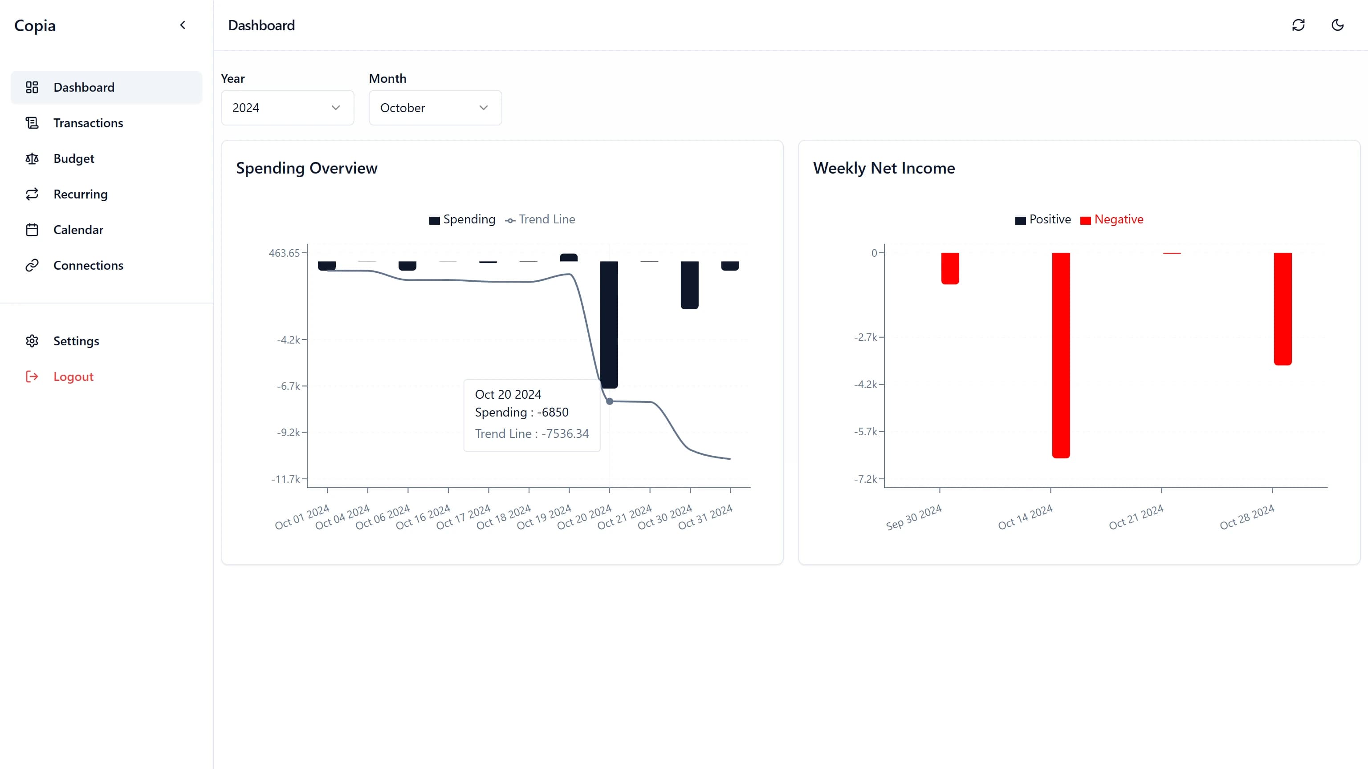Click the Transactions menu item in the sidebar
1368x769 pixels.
pyautogui.click(x=88, y=123)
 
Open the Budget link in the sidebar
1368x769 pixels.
pyautogui.click(x=74, y=159)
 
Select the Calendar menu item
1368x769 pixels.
pyautogui.click(x=78, y=230)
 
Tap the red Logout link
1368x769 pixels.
pyautogui.click(x=73, y=377)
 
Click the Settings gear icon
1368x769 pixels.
pyautogui.click(x=32, y=341)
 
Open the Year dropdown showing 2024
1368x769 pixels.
pyautogui.click(x=287, y=108)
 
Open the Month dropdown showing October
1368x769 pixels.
pyautogui.click(x=435, y=108)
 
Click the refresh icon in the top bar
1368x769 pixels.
pyautogui.click(x=1299, y=25)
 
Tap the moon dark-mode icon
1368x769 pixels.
pyautogui.click(x=1338, y=25)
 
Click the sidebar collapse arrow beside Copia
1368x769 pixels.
pyautogui.click(x=183, y=25)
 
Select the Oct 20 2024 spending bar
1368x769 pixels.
pyautogui.click(x=609, y=324)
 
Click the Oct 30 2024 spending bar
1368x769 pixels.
pyautogui.click(x=689, y=284)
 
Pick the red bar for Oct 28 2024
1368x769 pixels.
pyautogui.click(x=1282, y=308)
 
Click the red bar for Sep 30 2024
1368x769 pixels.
pyautogui.click(x=950, y=268)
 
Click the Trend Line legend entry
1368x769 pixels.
pyautogui.click(x=541, y=220)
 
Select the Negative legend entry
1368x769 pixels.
pyautogui.click(x=1112, y=220)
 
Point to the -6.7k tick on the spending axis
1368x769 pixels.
pyautogui.click(x=289, y=386)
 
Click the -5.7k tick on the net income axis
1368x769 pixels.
pyautogui.click(x=866, y=432)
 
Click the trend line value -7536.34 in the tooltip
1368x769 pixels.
pyautogui.click(x=565, y=433)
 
